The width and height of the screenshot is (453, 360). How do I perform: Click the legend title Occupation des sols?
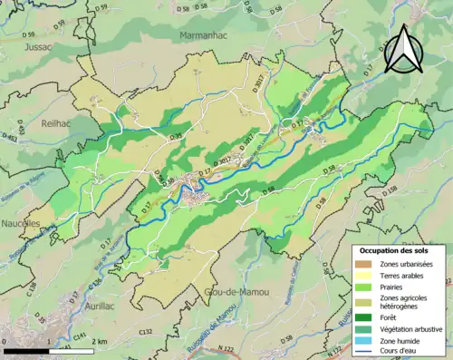(395, 249)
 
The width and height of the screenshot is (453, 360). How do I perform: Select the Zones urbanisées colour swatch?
(367, 263)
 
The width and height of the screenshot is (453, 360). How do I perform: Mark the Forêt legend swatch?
(367, 316)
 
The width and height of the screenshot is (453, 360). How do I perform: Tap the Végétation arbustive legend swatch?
(367, 328)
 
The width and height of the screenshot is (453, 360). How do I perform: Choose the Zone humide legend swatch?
(367, 340)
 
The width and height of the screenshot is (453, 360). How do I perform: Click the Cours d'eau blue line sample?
(367, 352)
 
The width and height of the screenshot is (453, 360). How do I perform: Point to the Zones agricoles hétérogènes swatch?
(367, 302)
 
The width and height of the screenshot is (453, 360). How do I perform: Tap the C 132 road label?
(146, 333)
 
